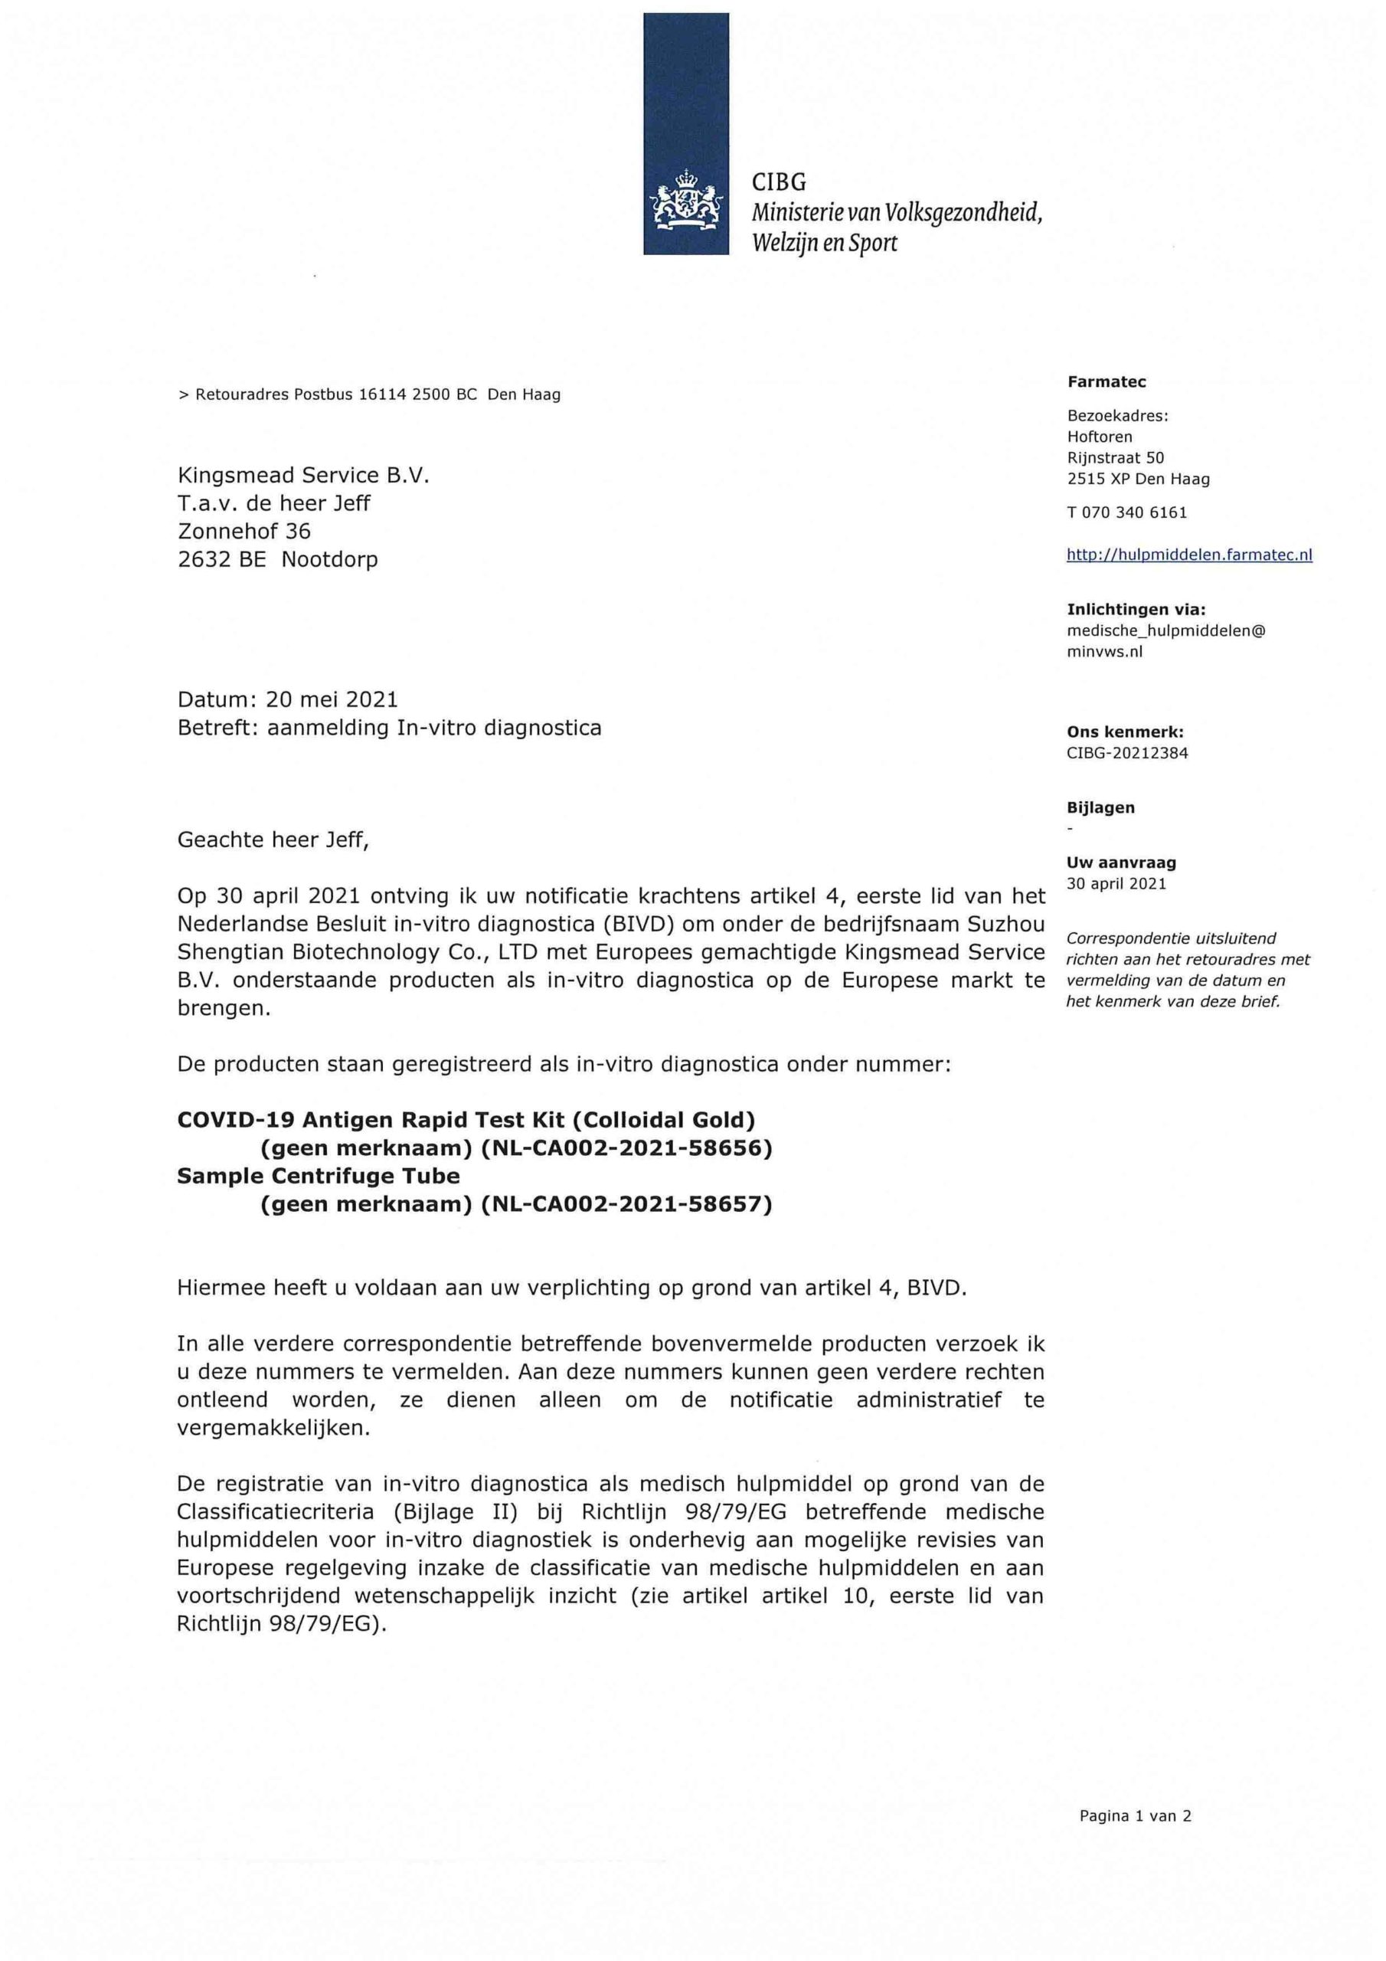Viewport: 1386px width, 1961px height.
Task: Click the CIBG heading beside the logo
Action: [779, 182]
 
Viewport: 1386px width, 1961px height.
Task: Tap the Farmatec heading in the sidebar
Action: [1106, 381]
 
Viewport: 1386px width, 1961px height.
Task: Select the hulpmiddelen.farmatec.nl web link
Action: [1188, 555]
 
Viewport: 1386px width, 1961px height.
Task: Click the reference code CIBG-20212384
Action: [1126, 752]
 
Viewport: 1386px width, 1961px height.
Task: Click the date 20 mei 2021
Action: [332, 699]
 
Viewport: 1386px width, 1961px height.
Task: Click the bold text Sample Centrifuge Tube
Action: [319, 1176]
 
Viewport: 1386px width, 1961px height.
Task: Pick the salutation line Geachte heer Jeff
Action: [273, 840]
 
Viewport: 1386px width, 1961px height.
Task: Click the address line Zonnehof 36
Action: [244, 532]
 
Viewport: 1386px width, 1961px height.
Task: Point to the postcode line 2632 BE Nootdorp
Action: [277, 559]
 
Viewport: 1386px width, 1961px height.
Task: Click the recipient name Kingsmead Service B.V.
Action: [303, 475]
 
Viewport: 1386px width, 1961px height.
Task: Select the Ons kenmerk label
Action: [1125, 732]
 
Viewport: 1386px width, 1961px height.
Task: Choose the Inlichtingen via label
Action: [1136, 610]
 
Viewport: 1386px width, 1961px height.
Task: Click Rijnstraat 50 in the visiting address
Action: [1115, 458]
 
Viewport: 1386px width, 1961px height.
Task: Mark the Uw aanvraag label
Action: [1109, 863]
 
